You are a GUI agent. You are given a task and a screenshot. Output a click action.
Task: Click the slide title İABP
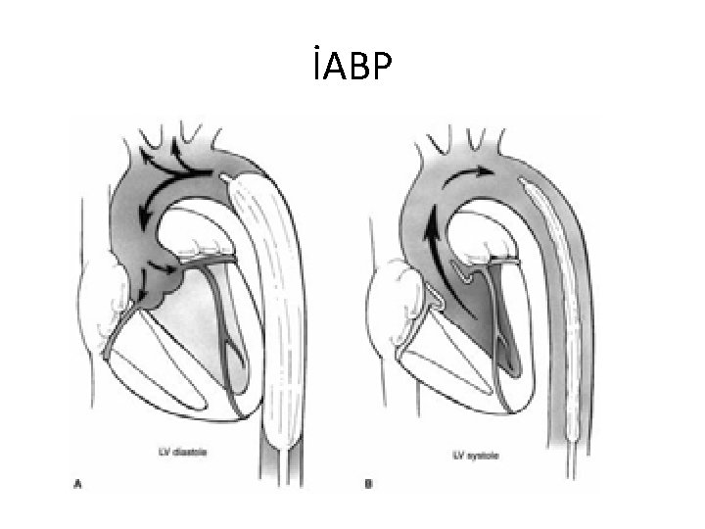pyautogui.click(x=352, y=70)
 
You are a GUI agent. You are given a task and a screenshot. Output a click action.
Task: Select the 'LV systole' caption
pyautogui.click(x=472, y=455)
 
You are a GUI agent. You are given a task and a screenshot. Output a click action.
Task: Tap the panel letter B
pyautogui.click(x=368, y=483)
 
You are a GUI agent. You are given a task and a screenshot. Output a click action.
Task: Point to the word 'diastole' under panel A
pyautogui.click(x=202, y=453)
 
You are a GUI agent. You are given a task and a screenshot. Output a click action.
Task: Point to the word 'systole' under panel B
pyautogui.click(x=479, y=455)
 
